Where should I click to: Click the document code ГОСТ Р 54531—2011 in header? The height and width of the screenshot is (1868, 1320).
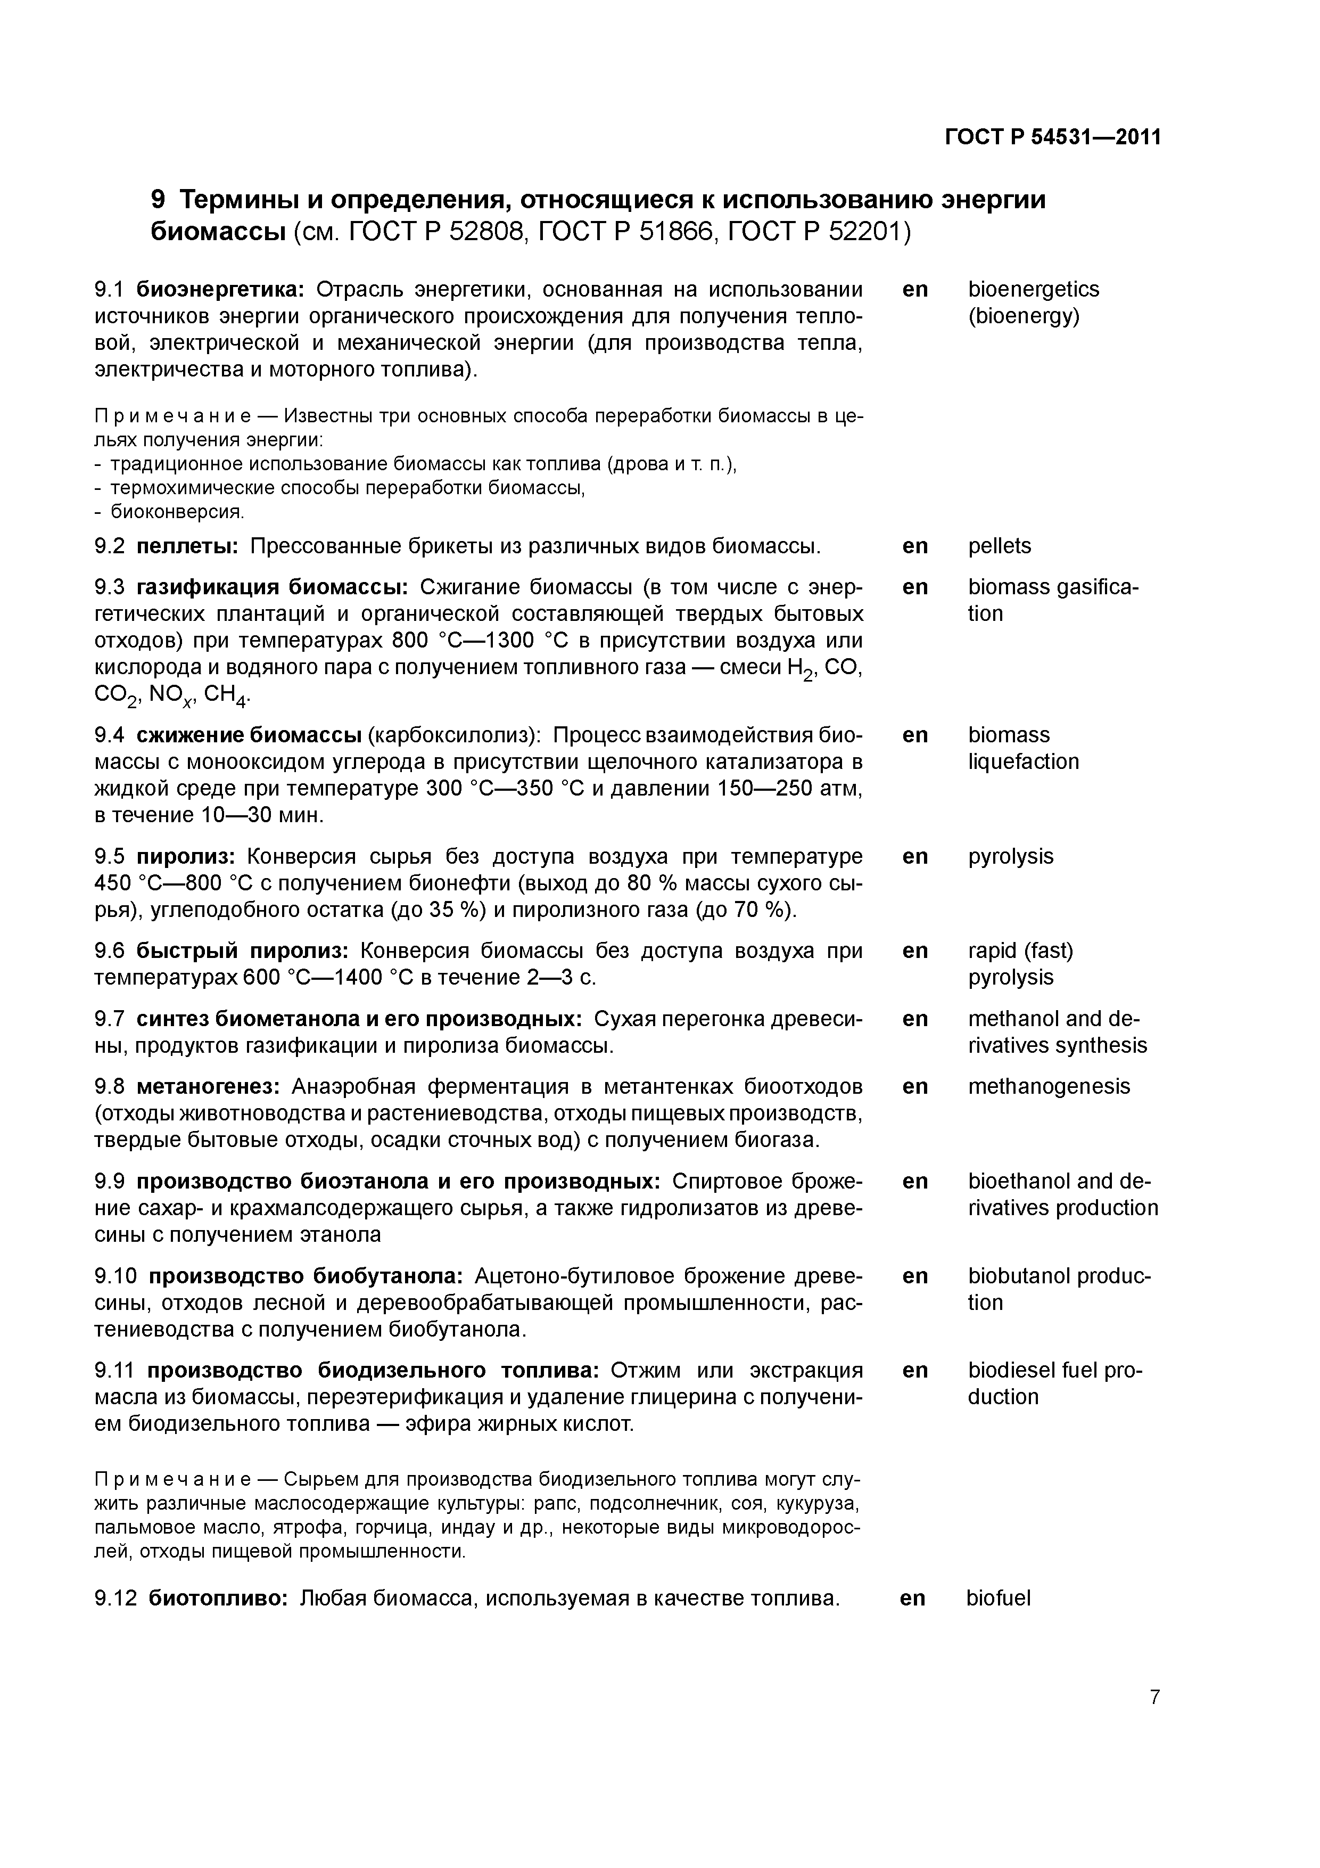[1052, 137]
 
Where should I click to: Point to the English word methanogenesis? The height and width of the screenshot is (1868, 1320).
[1049, 1086]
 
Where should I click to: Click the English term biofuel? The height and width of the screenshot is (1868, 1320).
[998, 1598]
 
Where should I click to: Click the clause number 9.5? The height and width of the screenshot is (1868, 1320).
[110, 857]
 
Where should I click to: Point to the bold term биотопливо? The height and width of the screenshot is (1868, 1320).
[218, 1598]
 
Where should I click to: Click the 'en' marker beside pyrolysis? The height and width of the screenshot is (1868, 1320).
[915, 857]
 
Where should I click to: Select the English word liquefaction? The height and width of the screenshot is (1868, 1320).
[1023, 763]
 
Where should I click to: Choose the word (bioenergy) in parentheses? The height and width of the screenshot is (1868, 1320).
[1023, 316]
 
